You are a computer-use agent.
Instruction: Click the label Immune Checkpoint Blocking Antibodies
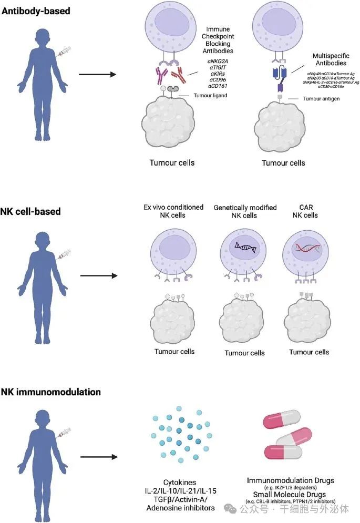coord(218,39)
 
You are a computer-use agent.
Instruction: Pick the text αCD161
coord(218,86)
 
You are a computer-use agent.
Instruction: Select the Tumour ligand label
coord(209,95)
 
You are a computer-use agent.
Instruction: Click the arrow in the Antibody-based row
coord(97,74)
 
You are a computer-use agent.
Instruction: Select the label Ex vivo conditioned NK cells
coord(173,211)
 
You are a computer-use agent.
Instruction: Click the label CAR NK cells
coord(308,211)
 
